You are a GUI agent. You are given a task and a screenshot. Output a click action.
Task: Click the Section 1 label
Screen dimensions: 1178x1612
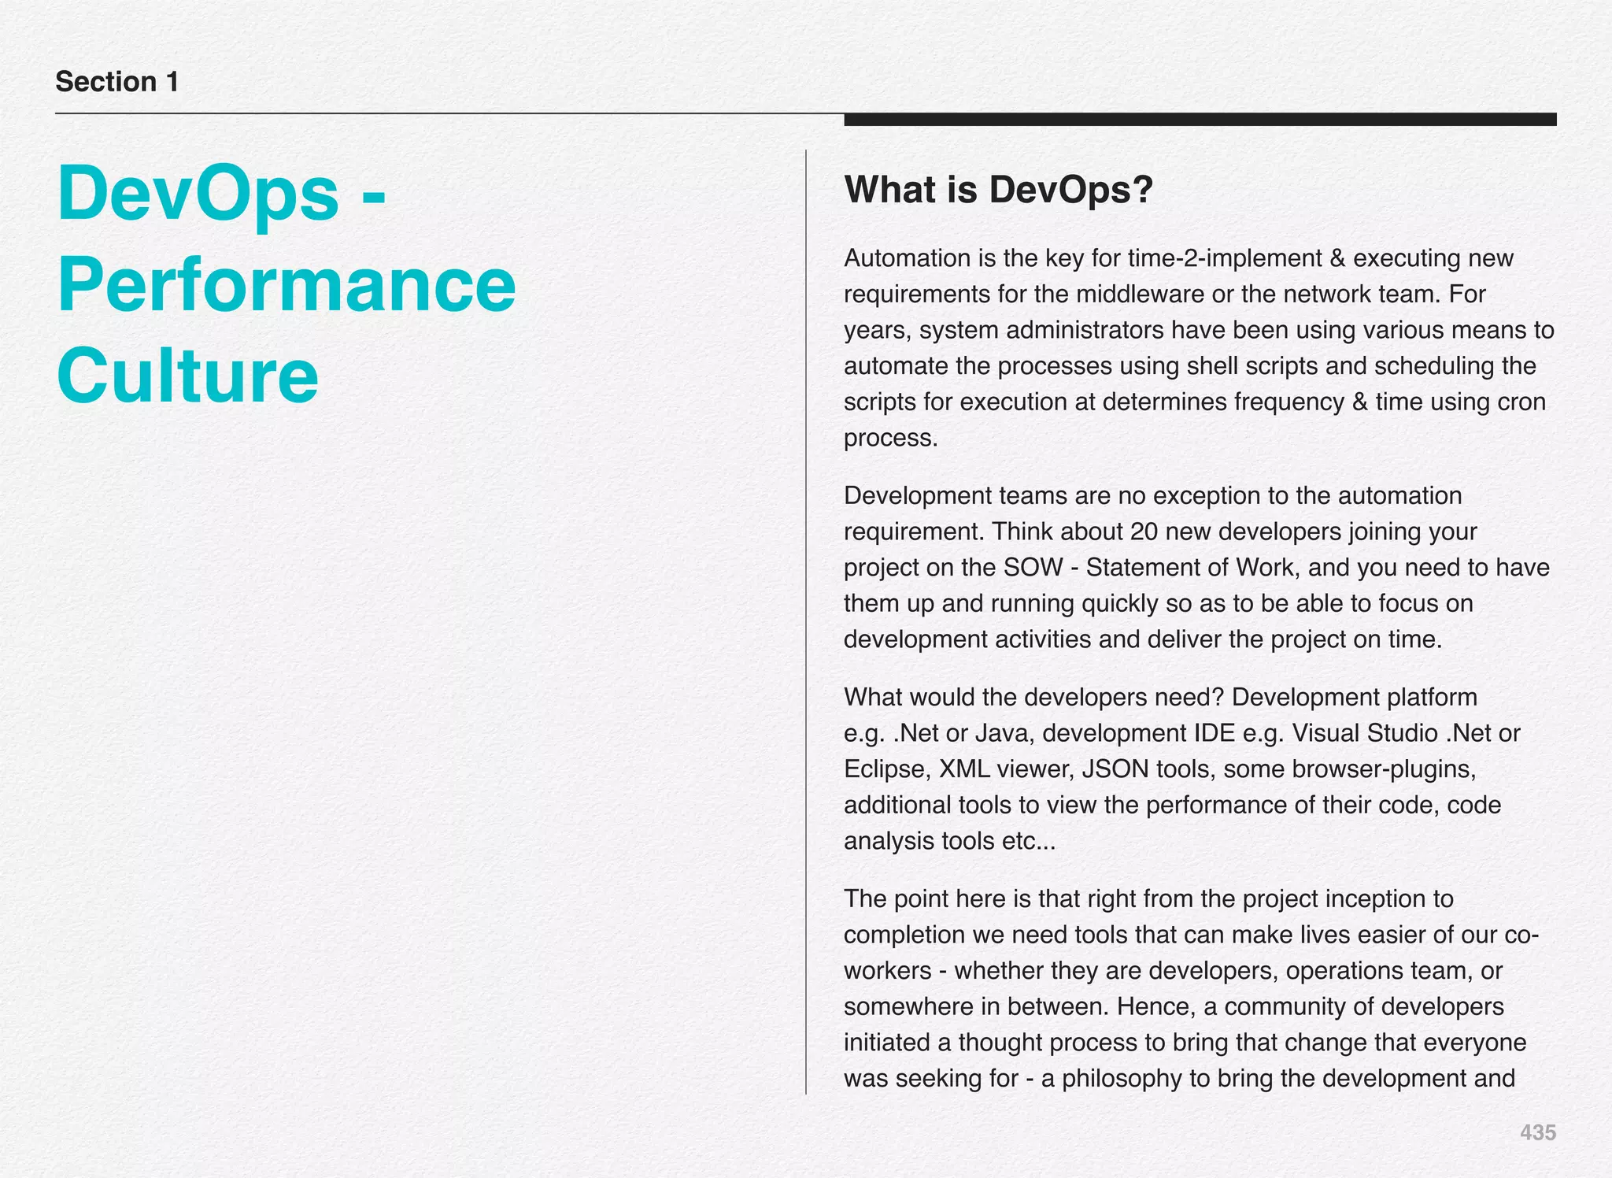[x=117, y=82]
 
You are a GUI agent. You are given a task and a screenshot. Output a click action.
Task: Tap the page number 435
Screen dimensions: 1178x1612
[x=1537, y=1132]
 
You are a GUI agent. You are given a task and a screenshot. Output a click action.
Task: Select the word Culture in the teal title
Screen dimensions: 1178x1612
[x=187, y=376]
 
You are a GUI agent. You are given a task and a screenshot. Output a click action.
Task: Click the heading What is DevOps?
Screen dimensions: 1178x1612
[x=998, y=190]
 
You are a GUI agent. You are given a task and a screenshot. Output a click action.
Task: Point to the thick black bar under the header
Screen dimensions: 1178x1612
[x=1200, y=120]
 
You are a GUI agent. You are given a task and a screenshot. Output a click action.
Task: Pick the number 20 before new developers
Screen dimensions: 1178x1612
[x=1144, y=532]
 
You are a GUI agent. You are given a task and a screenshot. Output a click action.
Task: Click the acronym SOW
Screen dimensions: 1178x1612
[x=1033, y=568]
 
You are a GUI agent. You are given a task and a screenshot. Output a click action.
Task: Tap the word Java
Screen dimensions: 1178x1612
[x=1002, y=733]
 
